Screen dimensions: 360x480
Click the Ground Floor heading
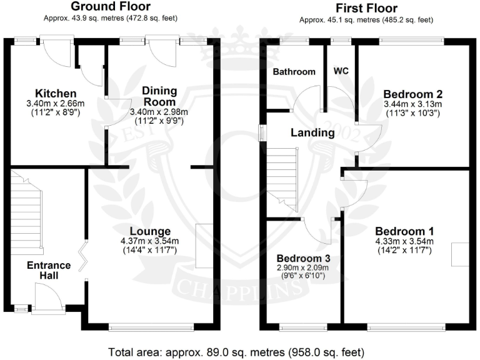pyautogui.click(x=111, y=7)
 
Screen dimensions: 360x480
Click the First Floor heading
pyautogui.click(x=366, y=8)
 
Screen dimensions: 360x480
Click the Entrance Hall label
pyautogui.click(x=49, y=270)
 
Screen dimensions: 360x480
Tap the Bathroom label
pyautogui.click(x=294, y=71)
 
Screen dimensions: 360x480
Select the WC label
pyautogui.click(x=341, y=71)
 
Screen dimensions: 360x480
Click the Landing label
pyautogui.click(x=312, y=132)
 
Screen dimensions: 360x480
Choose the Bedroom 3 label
pyautogui.click(x=304, y=258)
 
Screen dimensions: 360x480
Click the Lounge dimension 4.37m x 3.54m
pyautogui.click(x=150, y=241)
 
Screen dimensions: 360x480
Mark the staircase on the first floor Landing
pyautogui.click(x=282, y=178)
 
